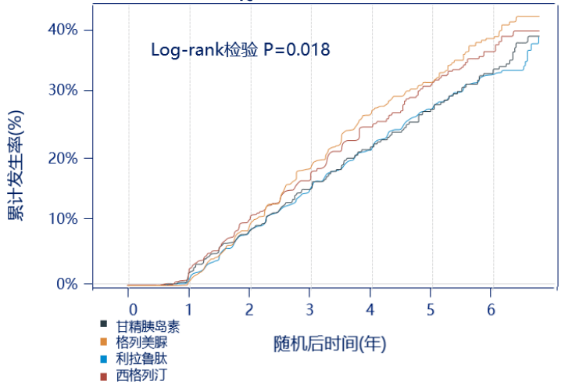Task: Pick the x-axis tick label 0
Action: [x=132, y=311]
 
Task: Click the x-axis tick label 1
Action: [x=189, y=311]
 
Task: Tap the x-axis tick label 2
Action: [x=249, y=311]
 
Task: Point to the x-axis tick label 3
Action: [x=310, y=311]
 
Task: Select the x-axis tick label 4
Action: [x=370, y=311]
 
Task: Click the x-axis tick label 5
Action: [x=431, y=311]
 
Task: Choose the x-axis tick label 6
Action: [x=491, y=311]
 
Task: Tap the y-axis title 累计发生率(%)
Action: [x=16, y=165]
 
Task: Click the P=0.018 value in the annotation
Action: [x=296, y=50]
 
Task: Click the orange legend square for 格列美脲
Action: [x=104, y=341]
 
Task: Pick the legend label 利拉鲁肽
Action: [x=141, y=358]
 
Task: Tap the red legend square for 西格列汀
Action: [x=104, y=376]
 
